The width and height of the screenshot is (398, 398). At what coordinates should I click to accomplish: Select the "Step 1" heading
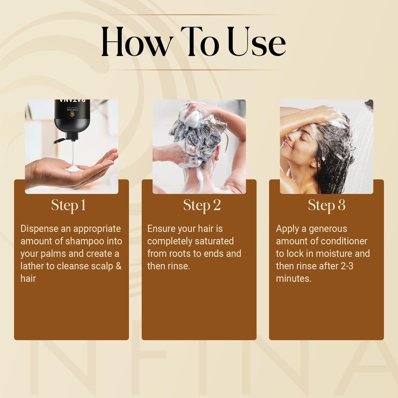click(68, 205)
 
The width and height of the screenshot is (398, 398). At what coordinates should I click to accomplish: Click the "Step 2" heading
click(202, 205)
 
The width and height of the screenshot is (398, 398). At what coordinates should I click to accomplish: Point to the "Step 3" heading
click(327, 205)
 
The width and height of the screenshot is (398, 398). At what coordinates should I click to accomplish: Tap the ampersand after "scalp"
click(119, 266)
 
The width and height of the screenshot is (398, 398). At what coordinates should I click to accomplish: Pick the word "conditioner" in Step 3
click(344, 241)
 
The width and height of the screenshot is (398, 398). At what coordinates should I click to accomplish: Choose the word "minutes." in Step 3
click(294, 278)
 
